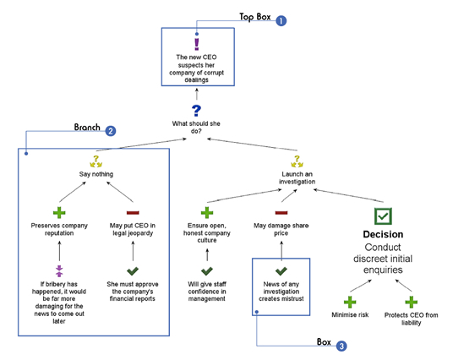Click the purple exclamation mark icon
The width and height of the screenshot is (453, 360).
(196, 44)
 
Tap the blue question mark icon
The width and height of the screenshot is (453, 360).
(196, 111)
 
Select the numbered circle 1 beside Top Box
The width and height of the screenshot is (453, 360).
(281, 21)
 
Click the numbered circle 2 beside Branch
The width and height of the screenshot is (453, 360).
(111, 131)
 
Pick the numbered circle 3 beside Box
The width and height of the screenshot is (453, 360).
(341, 346)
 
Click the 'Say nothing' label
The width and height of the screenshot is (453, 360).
(96, 174)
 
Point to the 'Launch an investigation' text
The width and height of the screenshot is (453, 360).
(297, 177)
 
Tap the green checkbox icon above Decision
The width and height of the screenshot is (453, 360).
(383, 216)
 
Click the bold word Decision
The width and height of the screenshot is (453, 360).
(383, 234)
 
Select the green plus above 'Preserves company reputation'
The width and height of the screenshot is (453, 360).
(59, 213)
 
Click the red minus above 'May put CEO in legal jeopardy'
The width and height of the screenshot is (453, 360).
(133, 213)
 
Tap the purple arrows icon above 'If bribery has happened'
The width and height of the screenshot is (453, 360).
(59, 270)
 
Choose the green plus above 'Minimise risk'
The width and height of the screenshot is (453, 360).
(350, 302)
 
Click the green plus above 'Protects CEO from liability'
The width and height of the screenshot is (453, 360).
(411, 302)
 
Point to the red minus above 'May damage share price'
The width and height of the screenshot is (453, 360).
(281, 213)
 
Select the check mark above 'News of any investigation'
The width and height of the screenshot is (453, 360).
(281, 270)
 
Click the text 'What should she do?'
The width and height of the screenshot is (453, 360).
(196, 127)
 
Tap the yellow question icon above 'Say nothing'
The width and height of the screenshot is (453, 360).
(96, 161)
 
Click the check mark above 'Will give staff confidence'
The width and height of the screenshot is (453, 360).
(207, 270)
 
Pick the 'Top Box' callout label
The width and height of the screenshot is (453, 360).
(255, 17)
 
